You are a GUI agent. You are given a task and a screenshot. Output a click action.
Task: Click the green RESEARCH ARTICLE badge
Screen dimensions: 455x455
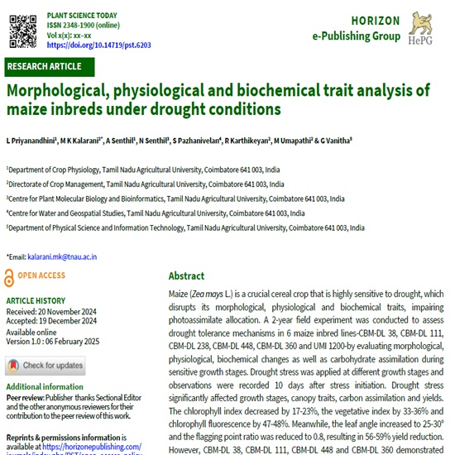(x=46, y=66)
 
